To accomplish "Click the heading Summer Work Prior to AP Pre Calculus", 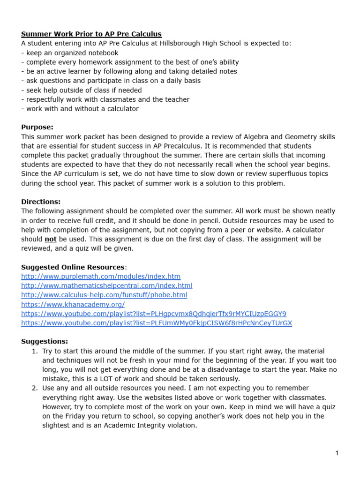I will [91, 34].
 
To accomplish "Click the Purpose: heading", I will [37, 127].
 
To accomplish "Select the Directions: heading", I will [41, 202].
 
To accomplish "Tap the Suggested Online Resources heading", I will [73, 267].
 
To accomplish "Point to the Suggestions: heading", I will [45, 341].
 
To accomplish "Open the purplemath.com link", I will [101, 277].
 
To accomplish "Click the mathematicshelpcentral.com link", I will [106, 286].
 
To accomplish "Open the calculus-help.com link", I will [104, 295].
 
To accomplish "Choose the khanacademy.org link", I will [73, 304].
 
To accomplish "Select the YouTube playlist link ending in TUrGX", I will [157, 323].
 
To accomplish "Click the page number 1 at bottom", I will [337, 453].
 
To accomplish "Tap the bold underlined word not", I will [51, 239].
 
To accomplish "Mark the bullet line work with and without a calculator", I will [80, 109].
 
